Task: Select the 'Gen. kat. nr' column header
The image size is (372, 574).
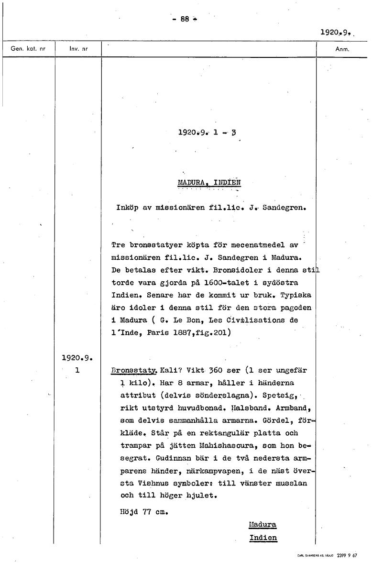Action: [28, 49]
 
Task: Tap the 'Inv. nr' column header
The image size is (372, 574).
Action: [78, 49]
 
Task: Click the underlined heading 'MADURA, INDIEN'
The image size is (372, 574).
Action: [209, 182]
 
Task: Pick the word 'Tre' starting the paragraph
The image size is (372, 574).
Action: [118, 245]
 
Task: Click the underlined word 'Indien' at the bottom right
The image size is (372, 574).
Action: [263, 537]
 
